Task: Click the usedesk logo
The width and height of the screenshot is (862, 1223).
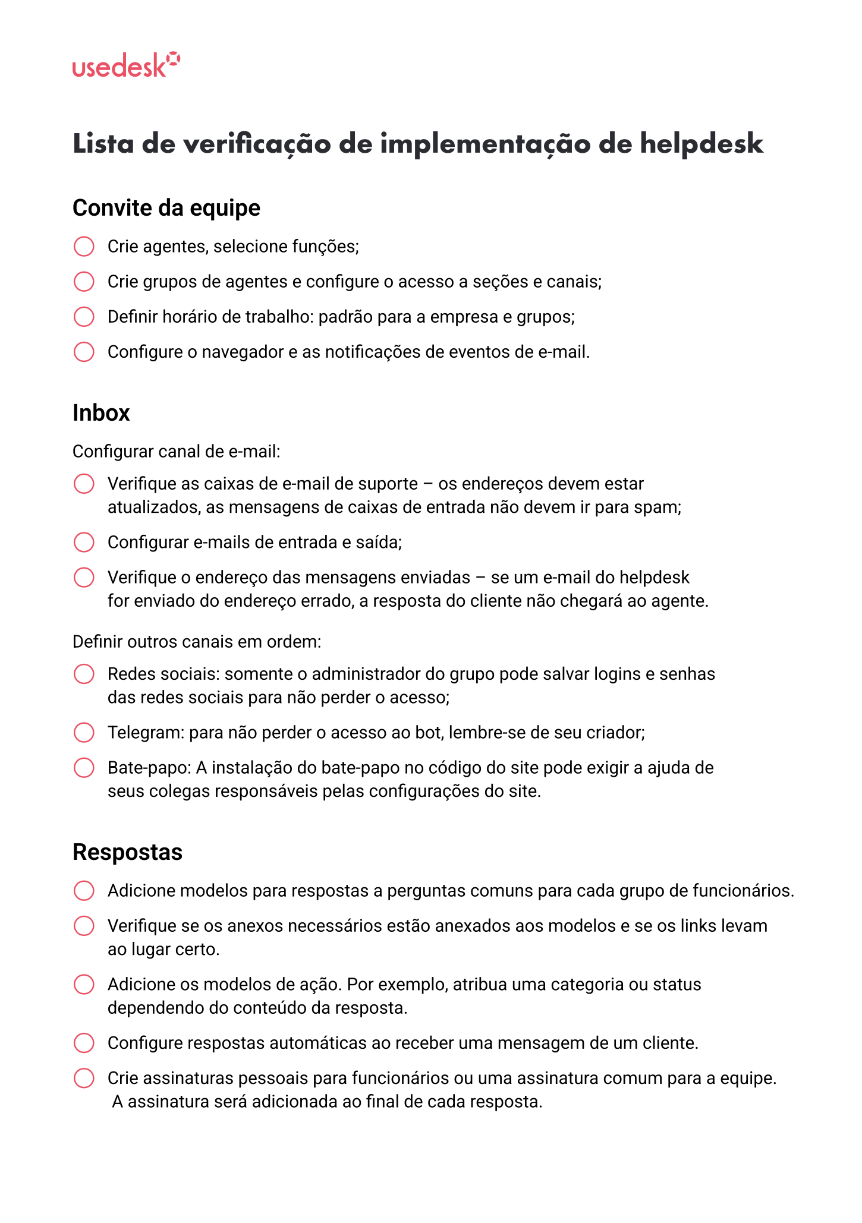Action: (125, 65)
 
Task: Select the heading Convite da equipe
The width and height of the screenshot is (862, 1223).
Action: (166, 208)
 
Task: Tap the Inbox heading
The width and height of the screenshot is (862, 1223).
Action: (101, 413)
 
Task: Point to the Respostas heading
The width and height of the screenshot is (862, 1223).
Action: (127, 852)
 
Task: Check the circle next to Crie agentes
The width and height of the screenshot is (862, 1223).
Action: (84, 246)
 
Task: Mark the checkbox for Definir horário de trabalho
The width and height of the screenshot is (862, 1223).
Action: (84, 317)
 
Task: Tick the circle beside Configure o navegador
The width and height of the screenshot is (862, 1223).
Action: (84, 352)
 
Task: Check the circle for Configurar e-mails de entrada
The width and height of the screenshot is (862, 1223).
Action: (84, 542)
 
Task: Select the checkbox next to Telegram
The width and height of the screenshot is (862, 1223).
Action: (84, 732)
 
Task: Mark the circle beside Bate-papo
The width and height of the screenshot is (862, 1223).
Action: (84, 768)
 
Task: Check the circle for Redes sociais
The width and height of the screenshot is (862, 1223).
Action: (84, 674)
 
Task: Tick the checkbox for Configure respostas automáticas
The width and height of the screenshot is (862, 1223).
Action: (84, 1043)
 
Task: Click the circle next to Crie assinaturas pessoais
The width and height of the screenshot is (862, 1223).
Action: (84, 1078)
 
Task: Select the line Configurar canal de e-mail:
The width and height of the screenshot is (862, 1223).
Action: (176, 452)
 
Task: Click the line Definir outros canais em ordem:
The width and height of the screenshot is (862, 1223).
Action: (197, 642)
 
